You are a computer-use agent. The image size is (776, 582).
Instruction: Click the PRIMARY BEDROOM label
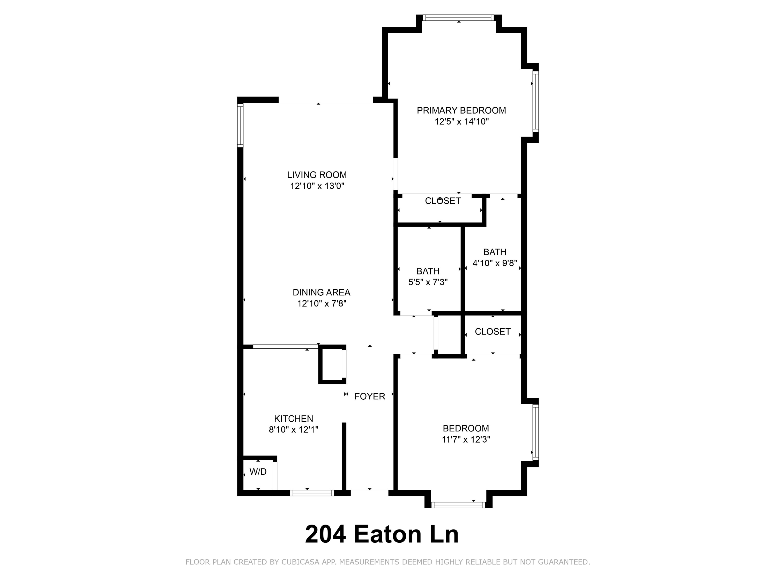click(461, 110)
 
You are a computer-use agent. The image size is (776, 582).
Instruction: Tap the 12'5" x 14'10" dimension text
click(461, 122)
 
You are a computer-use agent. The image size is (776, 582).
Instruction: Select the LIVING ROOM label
click(317, 175)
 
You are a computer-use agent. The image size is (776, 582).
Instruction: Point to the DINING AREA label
click(321, 292)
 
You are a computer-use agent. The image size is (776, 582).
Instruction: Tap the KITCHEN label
click(293, 419)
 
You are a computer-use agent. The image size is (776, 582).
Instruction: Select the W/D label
click(258, 472)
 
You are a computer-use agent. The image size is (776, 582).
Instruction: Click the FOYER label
click(369, 397)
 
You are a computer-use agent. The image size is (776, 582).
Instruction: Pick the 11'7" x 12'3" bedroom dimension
click(466, 439)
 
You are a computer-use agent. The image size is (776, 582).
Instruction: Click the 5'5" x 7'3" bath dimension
click(428, 282)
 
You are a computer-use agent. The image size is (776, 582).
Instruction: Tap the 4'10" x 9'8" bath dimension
click(495, 263)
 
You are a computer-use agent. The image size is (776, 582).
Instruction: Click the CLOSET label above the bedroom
click(492, 332)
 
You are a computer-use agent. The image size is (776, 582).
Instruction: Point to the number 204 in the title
click(325, 534)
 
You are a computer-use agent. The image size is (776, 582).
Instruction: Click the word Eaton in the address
click(387, 534)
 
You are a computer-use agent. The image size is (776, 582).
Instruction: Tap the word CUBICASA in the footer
click(300, 562)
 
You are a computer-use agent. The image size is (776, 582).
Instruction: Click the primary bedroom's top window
click(458, 18)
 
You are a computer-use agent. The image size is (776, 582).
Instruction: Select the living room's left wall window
click(240, 125)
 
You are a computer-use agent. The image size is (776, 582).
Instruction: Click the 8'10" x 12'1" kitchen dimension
click(293, 430)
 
